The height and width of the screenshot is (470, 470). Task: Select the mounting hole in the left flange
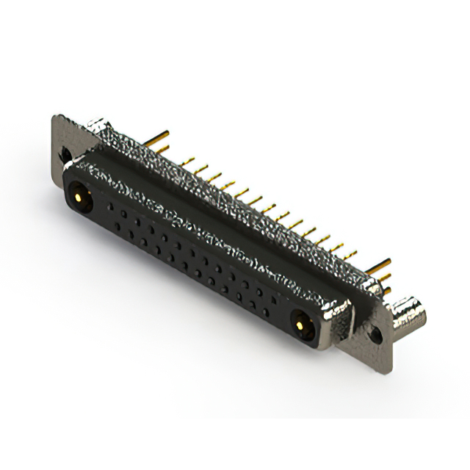66,155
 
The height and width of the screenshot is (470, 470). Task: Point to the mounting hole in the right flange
376,333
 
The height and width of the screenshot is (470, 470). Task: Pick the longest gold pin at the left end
160,137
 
